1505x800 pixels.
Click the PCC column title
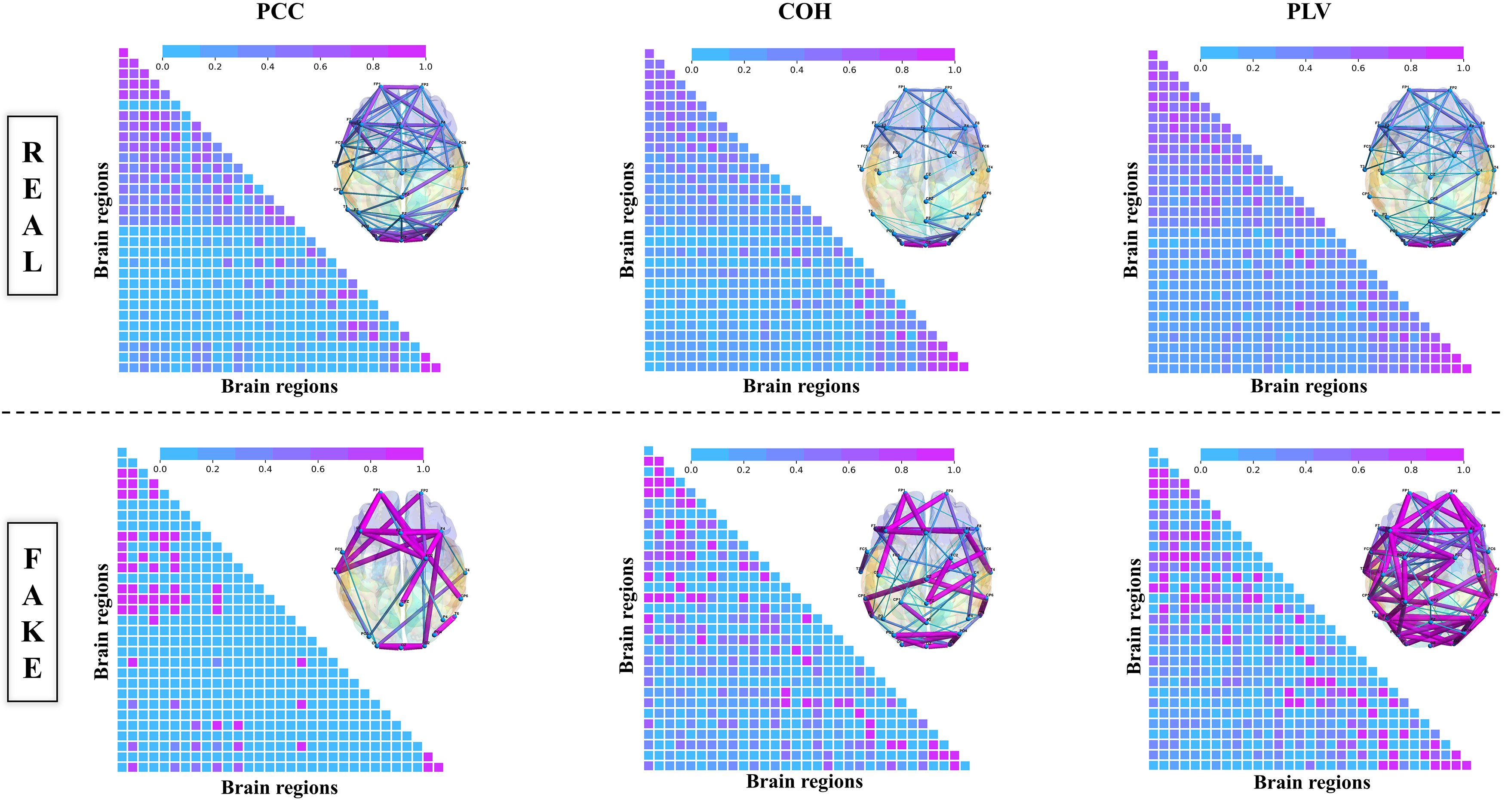point(280,12)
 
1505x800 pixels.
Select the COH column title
point(804,12)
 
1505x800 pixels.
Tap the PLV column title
point(1308,12)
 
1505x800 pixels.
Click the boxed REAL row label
point(33,205)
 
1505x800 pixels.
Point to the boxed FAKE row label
point(33,612)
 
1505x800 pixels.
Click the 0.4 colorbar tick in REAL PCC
point(267,67)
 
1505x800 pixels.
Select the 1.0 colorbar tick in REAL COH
point(954,70)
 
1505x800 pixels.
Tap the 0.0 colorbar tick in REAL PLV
point(1200,68)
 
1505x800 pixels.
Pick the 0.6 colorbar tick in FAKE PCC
point(318,469)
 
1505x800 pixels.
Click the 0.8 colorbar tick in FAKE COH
point(901,470)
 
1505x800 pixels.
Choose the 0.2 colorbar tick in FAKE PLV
point(1253,470)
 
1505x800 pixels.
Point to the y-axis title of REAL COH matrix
point(627,220)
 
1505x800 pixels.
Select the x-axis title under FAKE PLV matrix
point(1311,782)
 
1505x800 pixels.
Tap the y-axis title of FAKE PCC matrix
point(101,621)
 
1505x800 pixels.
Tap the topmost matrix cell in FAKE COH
point(648,451)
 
